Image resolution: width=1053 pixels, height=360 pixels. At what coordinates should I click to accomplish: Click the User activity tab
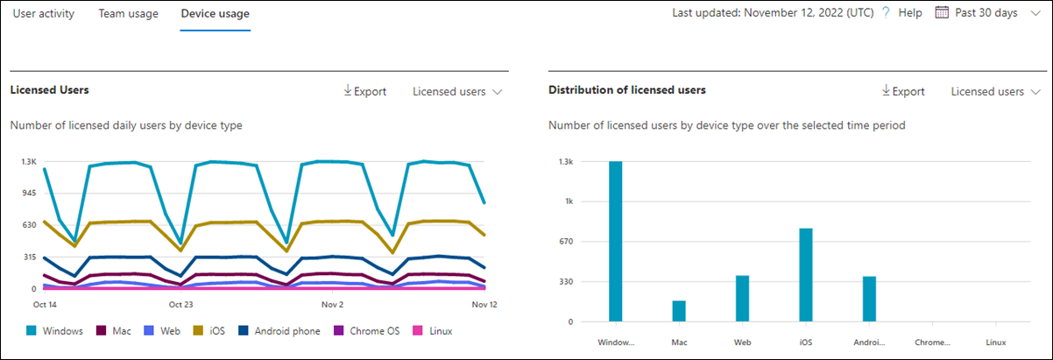click(44, 14)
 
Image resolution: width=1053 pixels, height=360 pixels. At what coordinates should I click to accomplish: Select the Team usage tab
click(128, 14)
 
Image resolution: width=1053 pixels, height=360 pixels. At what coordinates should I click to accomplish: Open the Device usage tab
click(215, 14)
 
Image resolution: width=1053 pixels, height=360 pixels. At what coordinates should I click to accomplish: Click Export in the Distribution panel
click(903, 91)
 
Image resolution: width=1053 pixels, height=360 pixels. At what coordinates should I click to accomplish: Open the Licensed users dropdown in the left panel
click(456, 91)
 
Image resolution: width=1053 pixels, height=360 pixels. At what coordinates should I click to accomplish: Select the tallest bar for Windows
click(616, 241)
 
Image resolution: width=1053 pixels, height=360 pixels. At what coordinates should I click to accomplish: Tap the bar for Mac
click(679, 311)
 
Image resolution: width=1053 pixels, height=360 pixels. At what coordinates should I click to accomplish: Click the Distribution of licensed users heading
click(627, 90)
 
